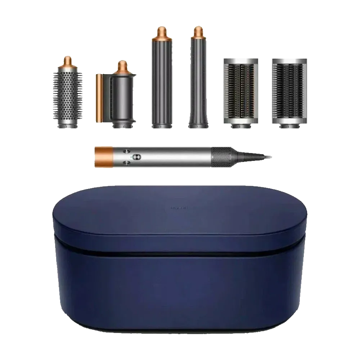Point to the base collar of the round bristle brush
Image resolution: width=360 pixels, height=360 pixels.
(67, 123)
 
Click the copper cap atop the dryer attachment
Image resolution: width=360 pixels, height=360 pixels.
(122, 67)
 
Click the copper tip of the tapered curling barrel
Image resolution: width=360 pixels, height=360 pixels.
(198, 32)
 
